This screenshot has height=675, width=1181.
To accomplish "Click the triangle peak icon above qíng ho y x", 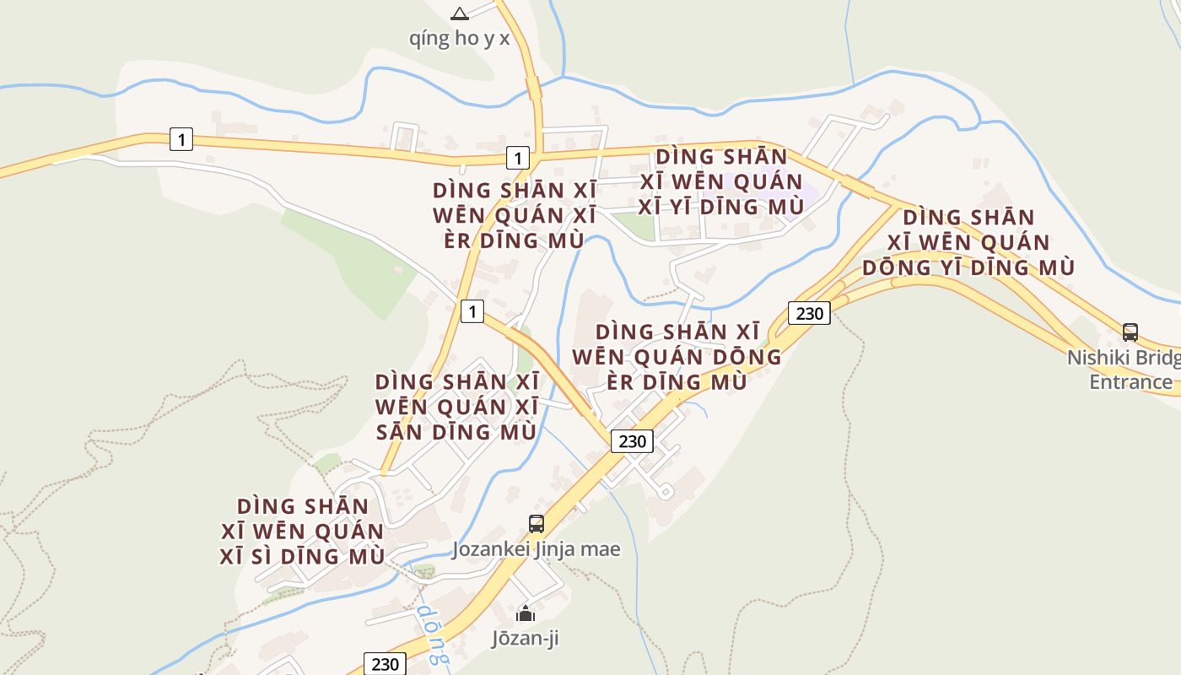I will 459,13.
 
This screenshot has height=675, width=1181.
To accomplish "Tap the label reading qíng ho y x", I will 459,39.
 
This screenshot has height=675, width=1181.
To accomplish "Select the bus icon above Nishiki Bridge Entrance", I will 1130,332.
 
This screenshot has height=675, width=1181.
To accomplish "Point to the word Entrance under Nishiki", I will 1130,381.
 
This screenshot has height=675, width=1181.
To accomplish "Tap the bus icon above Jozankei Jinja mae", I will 537,524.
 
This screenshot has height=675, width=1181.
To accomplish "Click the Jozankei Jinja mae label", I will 537,549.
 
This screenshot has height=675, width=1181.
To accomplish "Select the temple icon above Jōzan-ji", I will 526,613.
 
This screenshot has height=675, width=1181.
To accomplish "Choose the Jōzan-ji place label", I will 526,639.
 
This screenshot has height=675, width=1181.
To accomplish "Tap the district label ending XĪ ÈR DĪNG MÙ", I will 514,215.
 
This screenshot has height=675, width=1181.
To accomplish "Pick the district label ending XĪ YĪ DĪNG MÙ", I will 721,181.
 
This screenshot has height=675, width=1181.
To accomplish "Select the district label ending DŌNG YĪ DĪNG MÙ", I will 968,242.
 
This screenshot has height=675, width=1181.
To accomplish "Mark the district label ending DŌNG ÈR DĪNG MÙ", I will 677,356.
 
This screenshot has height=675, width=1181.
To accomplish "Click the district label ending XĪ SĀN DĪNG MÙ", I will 456,407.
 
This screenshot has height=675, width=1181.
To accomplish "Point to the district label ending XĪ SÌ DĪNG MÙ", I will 303,532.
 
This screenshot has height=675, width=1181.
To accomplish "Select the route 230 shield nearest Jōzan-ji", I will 384,664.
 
